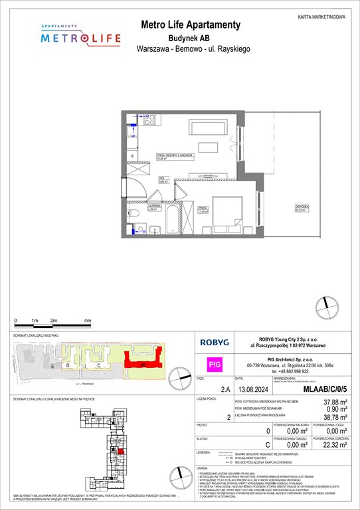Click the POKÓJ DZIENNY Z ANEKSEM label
point(175,155)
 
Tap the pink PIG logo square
point(214,364)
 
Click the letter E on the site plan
point(51,366)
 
